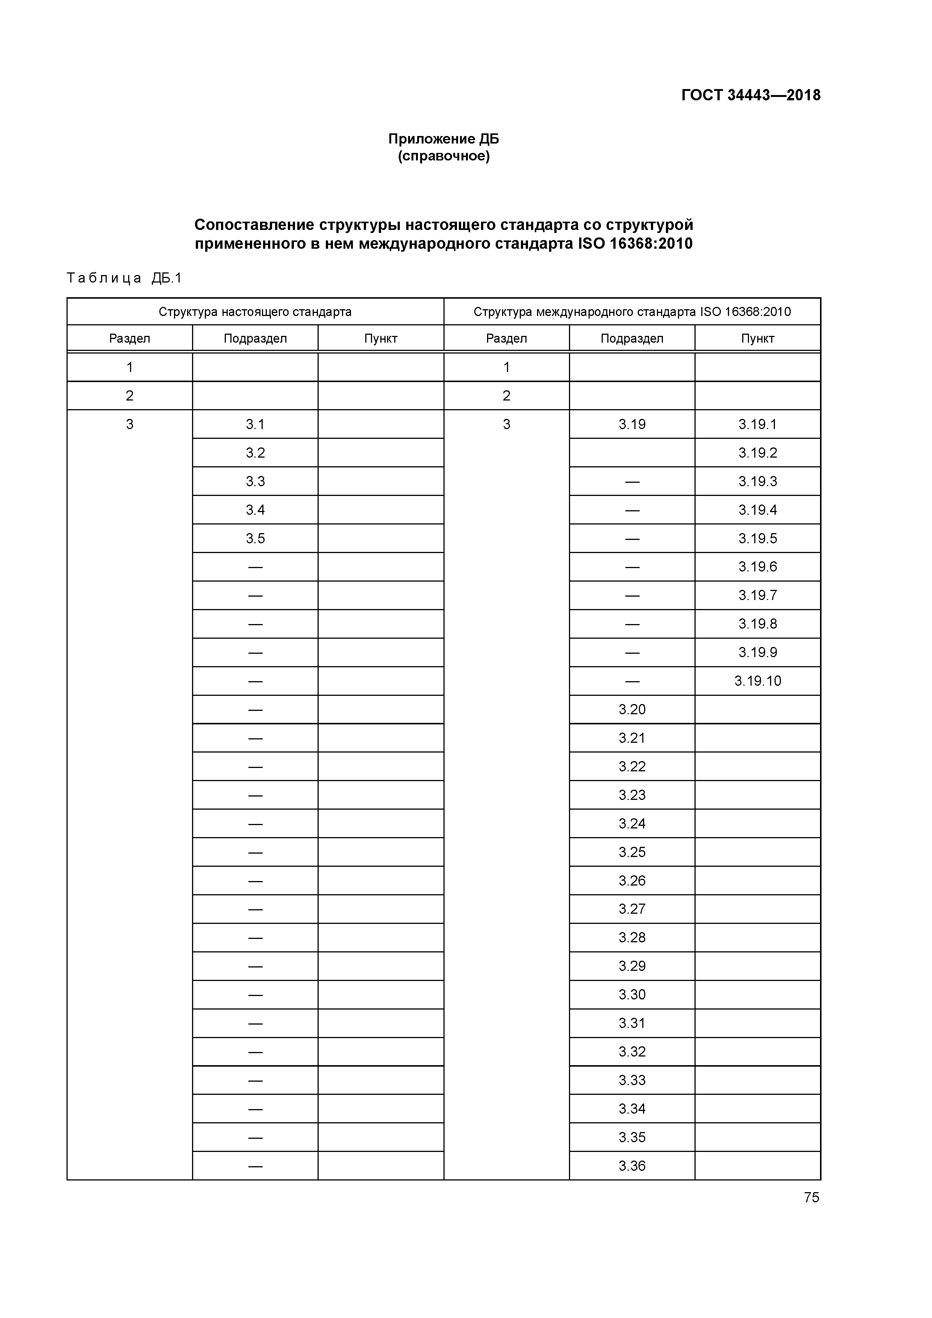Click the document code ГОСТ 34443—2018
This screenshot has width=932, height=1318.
(750, 95)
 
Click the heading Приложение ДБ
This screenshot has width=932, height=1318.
(443, 139)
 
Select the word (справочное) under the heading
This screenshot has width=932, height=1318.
(443, 156)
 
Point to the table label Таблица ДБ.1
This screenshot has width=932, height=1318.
(124, 278)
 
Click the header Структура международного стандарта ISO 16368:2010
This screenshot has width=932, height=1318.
(632, 312)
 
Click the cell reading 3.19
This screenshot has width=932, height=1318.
(632, 424)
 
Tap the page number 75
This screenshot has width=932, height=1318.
(811, 1197)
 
